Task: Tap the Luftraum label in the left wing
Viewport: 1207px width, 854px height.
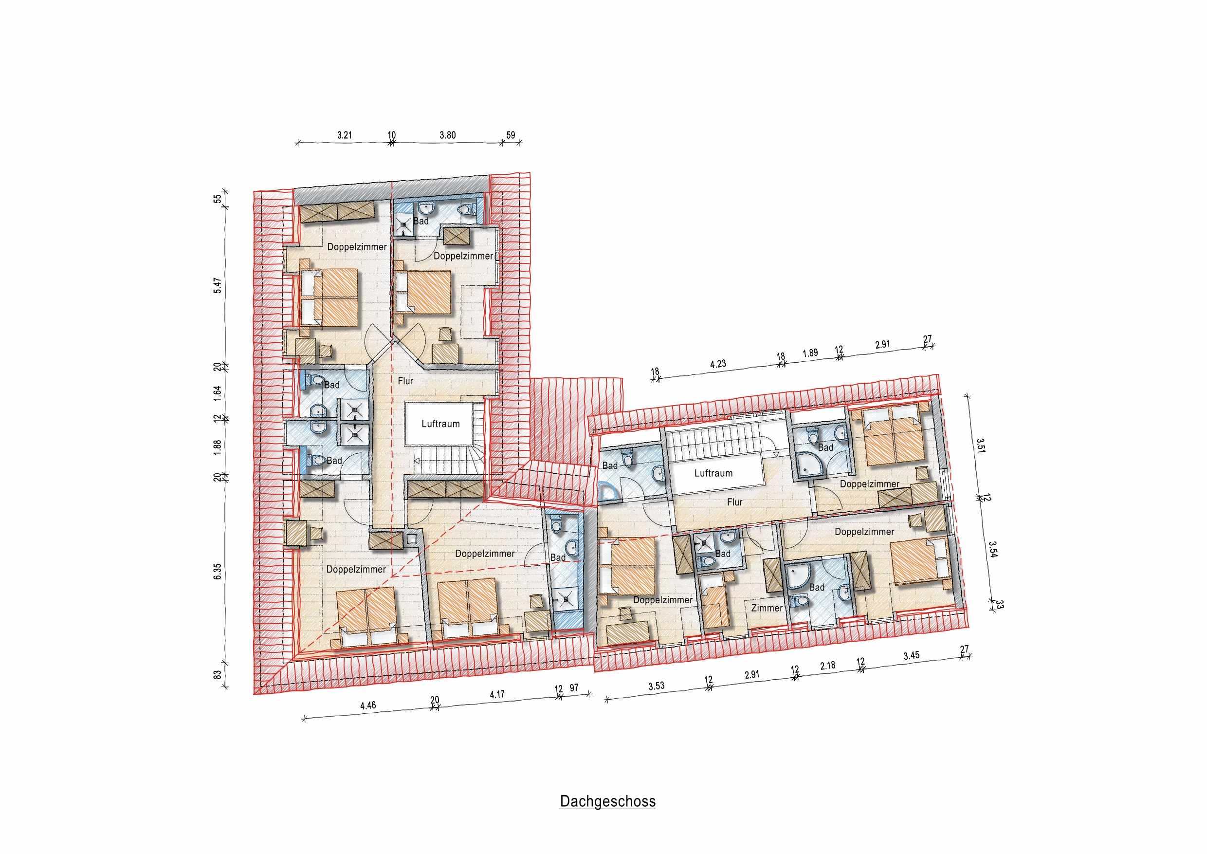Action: (x=440, y=424)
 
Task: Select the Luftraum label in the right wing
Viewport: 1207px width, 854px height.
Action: (x=713, y=473)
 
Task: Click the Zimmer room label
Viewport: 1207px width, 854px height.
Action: (x=767, y=608)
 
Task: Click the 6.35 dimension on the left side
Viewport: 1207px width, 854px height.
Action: (x=218, y=571)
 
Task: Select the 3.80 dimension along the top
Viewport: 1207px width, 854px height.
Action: (x=447, y=135)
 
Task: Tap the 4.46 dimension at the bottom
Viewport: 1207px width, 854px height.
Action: (x=368, y=705)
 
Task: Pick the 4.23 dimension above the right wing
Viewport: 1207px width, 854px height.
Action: (x=717, y=364)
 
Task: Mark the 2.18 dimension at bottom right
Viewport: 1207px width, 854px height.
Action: (x=827, y=666)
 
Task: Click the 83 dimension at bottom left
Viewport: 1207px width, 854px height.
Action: (x=218, y=675)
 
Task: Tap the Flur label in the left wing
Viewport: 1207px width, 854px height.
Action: (x=405, y=381)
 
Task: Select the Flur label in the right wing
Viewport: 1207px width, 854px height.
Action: (x=734, y=502)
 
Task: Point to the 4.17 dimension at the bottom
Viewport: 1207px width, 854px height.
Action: (x=497, y=695)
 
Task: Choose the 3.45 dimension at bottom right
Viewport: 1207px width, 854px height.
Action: (x=911, y=655)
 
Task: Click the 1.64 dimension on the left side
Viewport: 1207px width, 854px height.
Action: (x=218, y=393)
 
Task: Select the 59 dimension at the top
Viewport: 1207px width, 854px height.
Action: (x=511, y=135)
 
